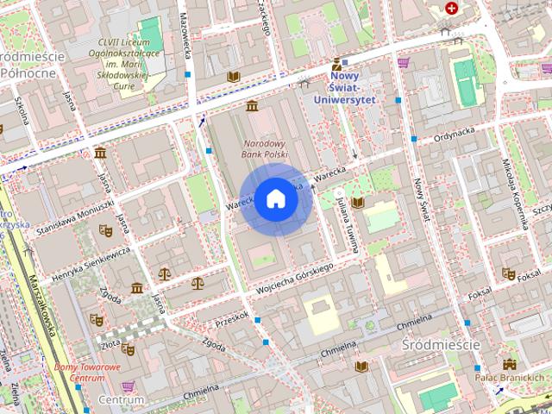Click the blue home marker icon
pyautogui.click(x=275, y=198)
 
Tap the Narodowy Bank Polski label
pyautogui.click(x=265, y=148)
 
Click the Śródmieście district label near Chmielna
pyautogui.click(x=440, y=344)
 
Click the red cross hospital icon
pyautogui.click(x=451, y=8)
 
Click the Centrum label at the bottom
pyautogui.click(x=121, y=400)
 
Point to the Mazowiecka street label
pyautogui.click(x=185, y=34)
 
